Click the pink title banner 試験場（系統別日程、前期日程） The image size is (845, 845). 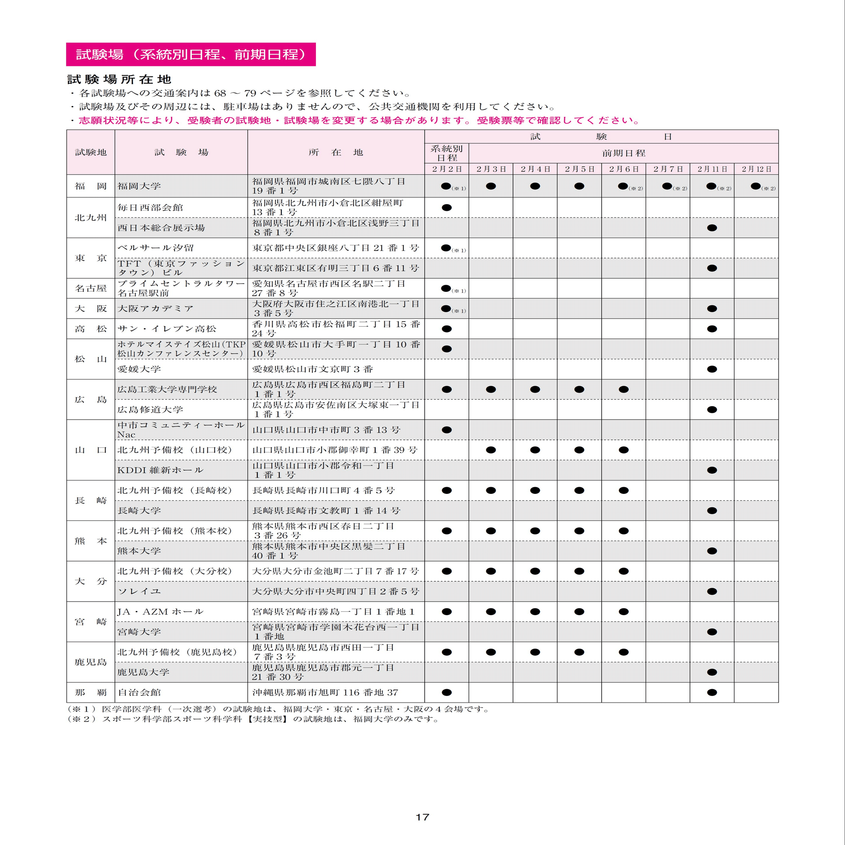[191, 54]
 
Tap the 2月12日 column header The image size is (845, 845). [756, 169]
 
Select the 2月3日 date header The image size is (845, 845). [491, 169]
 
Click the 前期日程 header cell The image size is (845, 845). [623, 153]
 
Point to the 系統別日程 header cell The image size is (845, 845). [447, 153]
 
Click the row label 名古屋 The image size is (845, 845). [90, 288]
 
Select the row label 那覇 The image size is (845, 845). [90, 692]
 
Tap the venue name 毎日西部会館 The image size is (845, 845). [150, 207]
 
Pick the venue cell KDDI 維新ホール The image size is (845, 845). [160, 470]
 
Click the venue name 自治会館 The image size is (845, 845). [139, 692]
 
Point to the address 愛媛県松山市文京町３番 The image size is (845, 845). [312, 369]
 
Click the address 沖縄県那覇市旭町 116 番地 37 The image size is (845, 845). [325, 692]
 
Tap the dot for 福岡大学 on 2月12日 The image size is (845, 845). [755, 186]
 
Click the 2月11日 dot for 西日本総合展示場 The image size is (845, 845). [711, 228]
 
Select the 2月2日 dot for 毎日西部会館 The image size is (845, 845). [447, 207]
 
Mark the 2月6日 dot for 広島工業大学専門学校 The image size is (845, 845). [623, 389]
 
